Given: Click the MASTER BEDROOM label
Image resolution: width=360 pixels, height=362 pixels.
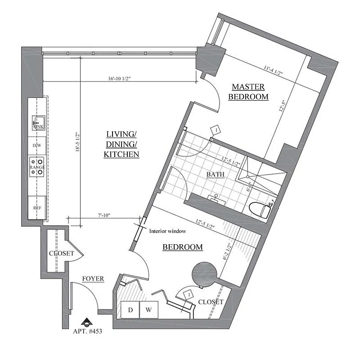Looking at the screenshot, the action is coord(248,92).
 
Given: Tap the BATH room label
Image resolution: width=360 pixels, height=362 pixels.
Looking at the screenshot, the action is coord(216,174).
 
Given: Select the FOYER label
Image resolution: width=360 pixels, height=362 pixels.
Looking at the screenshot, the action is coord(93,279).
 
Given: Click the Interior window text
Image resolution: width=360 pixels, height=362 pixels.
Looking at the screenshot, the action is coord(167,231).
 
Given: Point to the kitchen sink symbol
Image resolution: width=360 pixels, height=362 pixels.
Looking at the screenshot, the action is coord(38,123).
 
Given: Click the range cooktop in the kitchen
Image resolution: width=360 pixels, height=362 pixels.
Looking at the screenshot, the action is coord(37,167).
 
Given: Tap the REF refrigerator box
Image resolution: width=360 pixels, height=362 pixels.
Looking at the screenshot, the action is coord(37,208).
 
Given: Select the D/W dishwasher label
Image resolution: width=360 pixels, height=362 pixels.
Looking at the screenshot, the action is coord(37,145).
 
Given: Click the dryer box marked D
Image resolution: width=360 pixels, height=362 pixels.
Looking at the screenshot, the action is coord(130,310).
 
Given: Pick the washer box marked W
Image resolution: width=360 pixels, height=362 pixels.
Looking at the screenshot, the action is coord(149,310).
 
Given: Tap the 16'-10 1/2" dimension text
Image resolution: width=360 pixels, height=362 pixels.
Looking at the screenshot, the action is coord(119,79).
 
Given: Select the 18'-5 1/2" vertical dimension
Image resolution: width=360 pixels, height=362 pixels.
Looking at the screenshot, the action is coord(77,142).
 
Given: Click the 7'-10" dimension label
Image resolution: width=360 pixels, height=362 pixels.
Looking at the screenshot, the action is coord(104,215).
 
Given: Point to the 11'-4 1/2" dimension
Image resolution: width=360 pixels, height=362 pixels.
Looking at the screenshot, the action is coord(273,70).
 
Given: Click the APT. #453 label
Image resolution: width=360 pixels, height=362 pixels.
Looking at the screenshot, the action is coord(88,331).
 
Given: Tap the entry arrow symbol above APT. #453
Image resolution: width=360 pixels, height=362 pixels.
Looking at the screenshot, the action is coord(87,322).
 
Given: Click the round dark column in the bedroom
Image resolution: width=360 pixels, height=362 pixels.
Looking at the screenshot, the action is coord(204,274).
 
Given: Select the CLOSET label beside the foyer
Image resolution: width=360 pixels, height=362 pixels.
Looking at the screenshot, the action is coord(62,253).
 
